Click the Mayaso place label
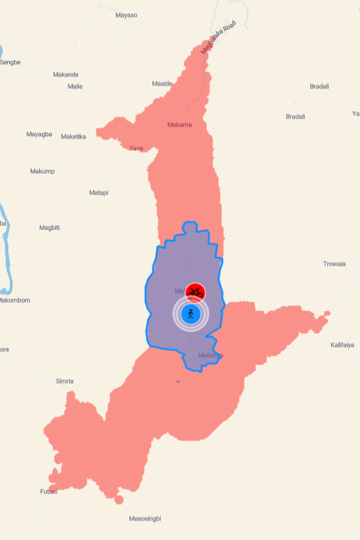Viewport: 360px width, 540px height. (127, 15)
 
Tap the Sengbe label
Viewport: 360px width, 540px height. (10, 62)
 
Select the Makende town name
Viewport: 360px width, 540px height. (66, 75)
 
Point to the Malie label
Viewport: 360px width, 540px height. (75, 87)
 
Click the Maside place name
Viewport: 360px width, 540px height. (162, 84)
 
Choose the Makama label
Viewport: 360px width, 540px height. (180, 125)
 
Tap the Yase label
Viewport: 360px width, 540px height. (136, 148)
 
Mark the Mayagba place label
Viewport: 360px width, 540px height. (39, 134)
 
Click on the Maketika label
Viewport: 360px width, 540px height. (73, 136)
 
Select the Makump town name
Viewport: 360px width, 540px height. (43, 171)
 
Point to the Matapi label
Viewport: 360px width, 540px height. (99, 193)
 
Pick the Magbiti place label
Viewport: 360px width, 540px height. (50, 228)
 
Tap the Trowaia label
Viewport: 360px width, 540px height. (334, 264)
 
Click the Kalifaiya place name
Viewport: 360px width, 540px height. (345, 345)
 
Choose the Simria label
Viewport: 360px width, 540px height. (64, 381)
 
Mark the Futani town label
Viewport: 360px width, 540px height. (49, 492)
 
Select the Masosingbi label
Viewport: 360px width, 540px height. (145, 519)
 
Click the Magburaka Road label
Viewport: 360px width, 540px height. (218, 38)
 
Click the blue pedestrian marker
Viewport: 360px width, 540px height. (191, 314)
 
